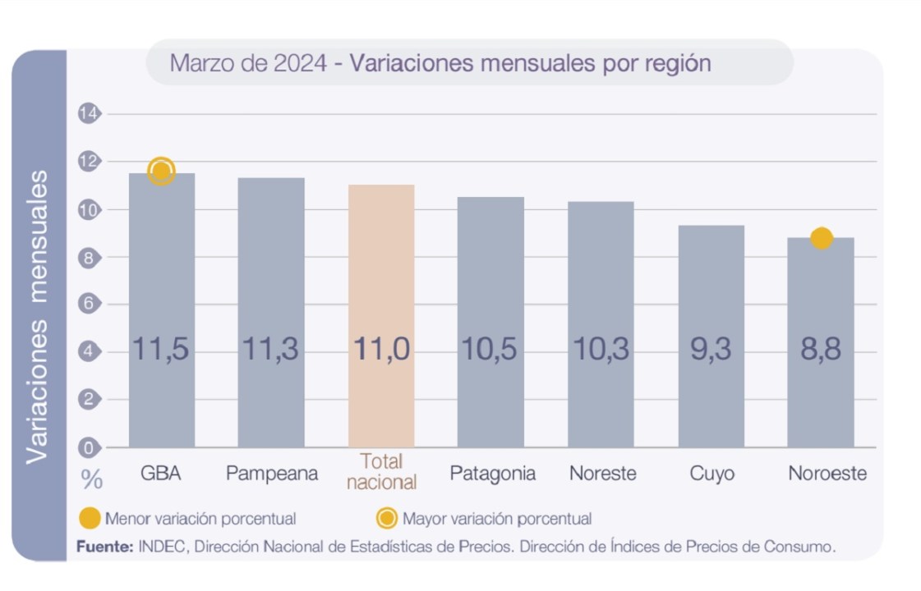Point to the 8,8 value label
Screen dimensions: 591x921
(x=821, y=349)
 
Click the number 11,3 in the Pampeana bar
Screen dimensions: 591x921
(x=270, y=349)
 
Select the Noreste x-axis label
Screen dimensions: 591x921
(x=602, y=474)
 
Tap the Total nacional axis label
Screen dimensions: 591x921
(x=381, y=472)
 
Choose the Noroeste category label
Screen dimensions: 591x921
(x=827, y=474)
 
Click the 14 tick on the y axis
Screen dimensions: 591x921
(x=88, y=114)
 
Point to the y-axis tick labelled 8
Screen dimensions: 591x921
(x=88, y=257)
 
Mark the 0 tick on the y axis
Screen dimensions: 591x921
(x=88, y=447)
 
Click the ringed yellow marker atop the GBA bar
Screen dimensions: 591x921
(x=162, y=171)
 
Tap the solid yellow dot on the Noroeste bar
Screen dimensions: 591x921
(x=821, y=238)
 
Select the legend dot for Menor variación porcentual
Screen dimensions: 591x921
(x=90, y=519)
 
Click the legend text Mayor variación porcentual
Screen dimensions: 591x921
(x=496, y=519)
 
